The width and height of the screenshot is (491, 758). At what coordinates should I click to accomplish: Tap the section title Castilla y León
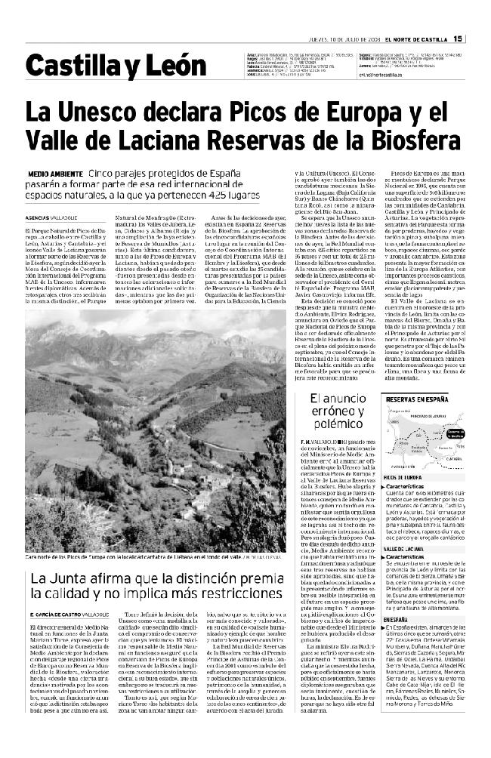tap(99, 67)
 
